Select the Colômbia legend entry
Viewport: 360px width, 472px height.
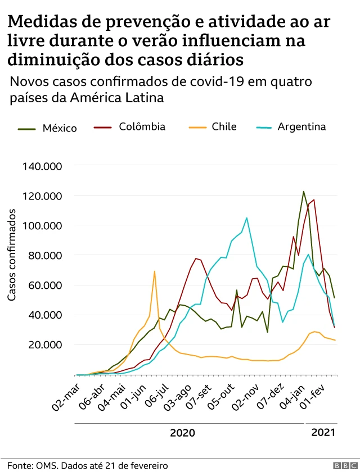142,126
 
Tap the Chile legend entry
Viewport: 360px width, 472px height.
224,126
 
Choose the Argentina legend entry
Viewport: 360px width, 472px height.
301,126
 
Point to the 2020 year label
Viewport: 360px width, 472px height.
182,433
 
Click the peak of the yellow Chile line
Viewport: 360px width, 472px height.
155,271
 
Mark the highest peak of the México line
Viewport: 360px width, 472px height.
304,192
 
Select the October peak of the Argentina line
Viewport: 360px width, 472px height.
246,218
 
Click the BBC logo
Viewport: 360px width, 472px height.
341,466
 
